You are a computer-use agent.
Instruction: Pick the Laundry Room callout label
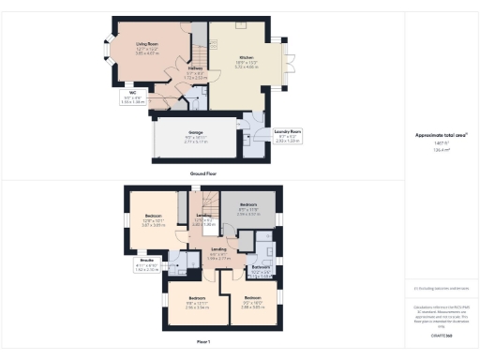(288, 131)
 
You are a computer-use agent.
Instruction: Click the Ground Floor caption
(203, 174)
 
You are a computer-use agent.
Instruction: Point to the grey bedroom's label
(248, 204)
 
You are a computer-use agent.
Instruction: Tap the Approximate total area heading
(442, 134)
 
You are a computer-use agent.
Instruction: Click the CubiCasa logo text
(442, 335)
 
